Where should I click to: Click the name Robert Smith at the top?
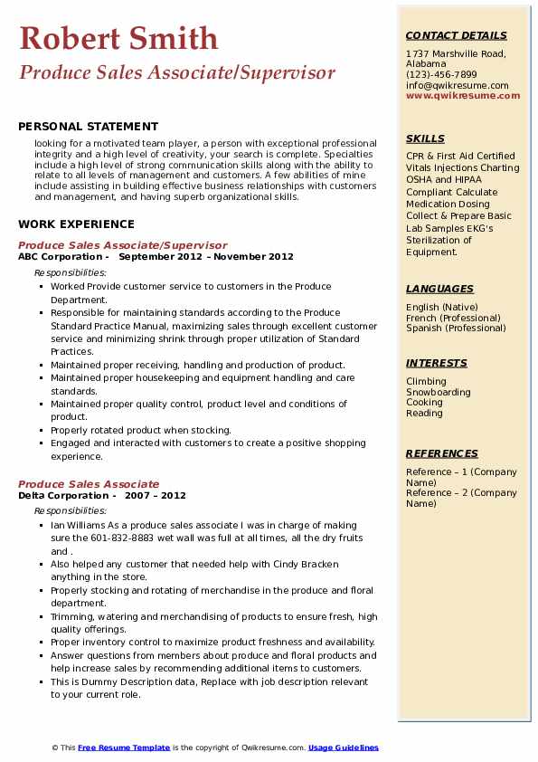point(118,38)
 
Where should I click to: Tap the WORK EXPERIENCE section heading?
point(76,224)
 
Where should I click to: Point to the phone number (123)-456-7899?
point(441,75)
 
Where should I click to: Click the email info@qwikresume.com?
point(457,86)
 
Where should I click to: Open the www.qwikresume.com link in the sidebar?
point(458,96)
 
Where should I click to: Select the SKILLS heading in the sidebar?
point(425,138)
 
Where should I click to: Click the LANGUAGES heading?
point(439,289)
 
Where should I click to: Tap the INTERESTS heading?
point(437,363)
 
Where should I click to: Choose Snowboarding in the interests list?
point(439,393)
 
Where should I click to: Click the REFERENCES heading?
point(442,453)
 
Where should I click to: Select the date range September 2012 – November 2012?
point(206,257)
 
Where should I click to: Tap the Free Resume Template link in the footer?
point(124,748)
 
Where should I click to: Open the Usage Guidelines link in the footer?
point(344,748)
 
